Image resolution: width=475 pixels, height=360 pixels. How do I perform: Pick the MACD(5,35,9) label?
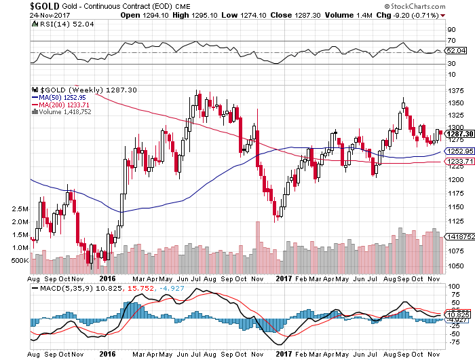point(60,289)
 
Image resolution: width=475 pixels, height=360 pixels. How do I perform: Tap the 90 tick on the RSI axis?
point(450,31)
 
